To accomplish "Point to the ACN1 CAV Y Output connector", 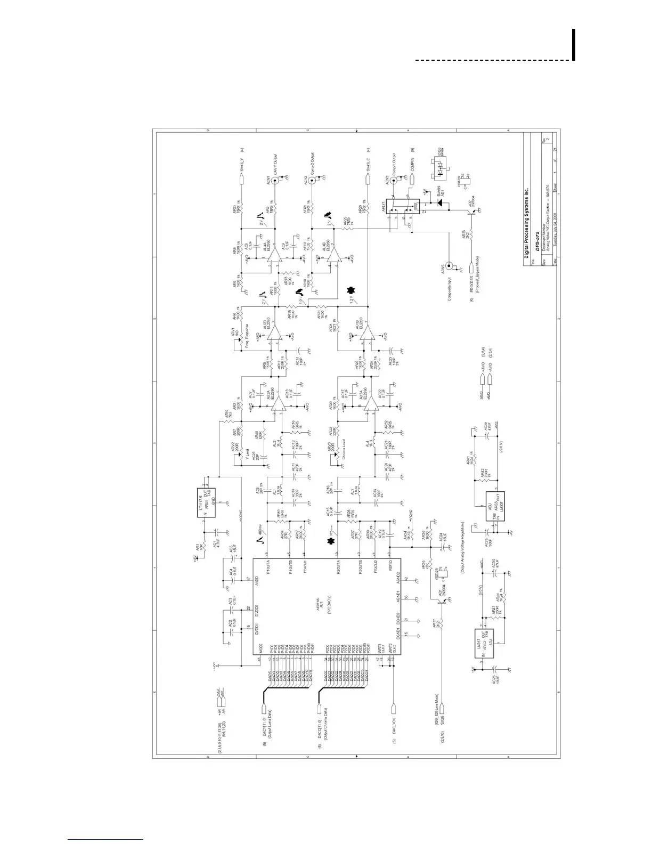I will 275,181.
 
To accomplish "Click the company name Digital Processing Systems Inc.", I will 526,223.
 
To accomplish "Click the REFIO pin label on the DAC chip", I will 391,563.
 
